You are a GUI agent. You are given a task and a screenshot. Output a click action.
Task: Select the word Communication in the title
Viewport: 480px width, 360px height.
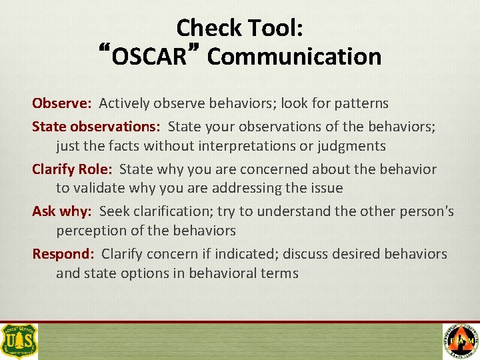point(294,57)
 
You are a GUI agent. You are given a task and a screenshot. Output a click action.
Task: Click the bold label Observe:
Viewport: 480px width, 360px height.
point(61,103)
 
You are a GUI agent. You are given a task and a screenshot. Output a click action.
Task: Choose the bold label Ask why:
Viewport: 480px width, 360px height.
point(62,211)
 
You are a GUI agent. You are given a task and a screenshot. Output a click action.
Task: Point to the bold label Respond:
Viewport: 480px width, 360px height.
point(63,254)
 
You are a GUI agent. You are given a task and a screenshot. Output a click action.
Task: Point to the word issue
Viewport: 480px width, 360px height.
point(325,189)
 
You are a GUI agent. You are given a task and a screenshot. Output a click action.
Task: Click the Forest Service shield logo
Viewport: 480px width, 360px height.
point(19,341)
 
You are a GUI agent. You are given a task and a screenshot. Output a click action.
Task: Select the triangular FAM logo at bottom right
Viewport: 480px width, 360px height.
point(461,341)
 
